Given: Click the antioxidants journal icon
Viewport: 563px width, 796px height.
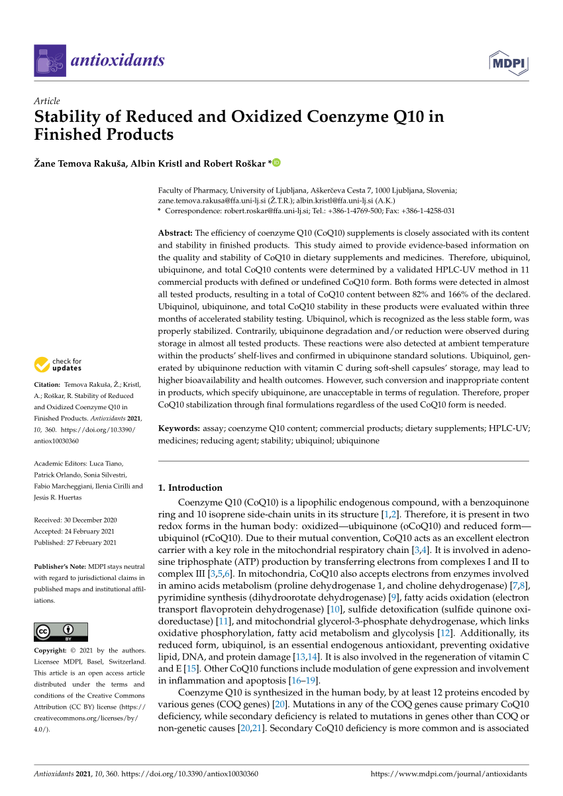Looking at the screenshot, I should (50, 61).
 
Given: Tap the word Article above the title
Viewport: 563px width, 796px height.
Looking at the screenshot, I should (46, 101).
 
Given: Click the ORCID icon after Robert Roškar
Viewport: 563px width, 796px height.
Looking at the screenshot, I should (276, 163).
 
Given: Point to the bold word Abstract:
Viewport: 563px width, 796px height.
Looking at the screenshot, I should (175, 233).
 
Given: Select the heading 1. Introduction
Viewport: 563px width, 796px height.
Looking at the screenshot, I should (190, 487).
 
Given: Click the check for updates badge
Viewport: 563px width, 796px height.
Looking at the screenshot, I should (59, 364).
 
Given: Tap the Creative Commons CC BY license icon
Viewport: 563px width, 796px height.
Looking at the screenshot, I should (61, 632).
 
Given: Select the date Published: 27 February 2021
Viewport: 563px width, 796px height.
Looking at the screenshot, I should (75, 542).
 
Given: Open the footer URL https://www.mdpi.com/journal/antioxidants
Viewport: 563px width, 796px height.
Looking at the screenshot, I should (448, 773).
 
